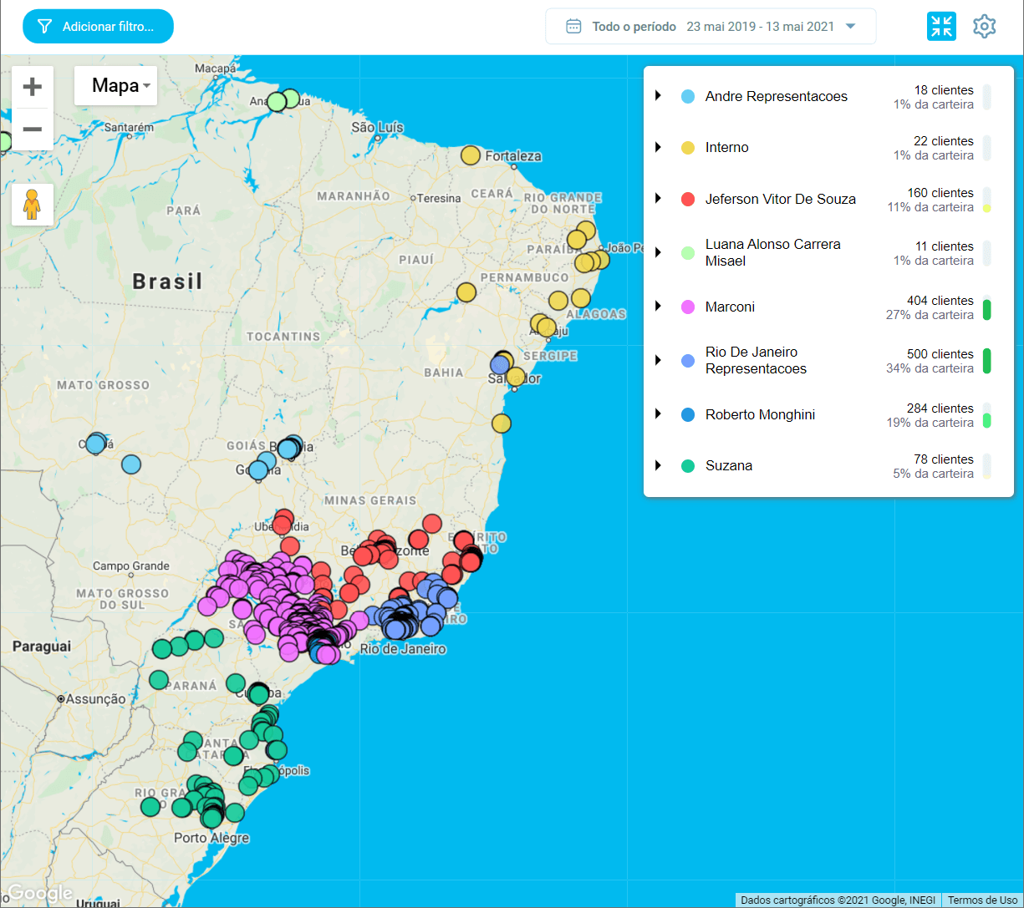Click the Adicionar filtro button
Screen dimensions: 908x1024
(x=98, y=27)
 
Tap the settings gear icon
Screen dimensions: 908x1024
(x=984, y=27)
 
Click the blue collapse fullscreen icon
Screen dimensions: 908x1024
(x=941, y=27)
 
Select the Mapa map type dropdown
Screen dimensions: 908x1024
(x=115, y=86)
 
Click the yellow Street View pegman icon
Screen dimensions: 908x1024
(x=33, y=205)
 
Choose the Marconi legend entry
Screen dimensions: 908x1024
(x=730, y=307)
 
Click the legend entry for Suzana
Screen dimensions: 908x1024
(x=728, y=466)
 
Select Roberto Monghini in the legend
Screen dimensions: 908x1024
(x=759, y=415)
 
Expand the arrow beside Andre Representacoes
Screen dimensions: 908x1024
(x=658, y=96)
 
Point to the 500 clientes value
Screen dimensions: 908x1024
(x=940, y=354)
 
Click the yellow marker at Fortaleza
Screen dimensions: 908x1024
(x=471, y=155)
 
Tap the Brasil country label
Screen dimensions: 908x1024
(x=167, y=282)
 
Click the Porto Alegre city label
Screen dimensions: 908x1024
(x=211, y=838)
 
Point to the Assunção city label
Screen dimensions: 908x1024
(x=95, y=698)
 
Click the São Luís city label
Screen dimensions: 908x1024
(x=377, y=128)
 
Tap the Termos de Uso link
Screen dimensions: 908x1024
(x=982, y=900)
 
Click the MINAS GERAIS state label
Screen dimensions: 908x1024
(x=369, y=500)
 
